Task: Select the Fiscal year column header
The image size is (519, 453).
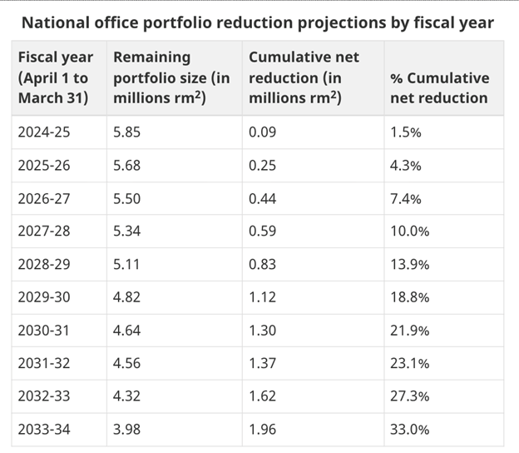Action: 55,77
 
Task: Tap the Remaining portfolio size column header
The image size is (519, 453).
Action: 171,77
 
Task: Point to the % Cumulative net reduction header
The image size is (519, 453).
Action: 439,87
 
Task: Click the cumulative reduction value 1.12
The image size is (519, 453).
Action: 264,297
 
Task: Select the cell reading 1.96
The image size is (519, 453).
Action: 264,429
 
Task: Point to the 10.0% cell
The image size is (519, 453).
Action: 409,231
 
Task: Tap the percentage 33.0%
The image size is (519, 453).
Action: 409,429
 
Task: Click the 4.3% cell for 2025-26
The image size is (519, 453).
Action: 406,166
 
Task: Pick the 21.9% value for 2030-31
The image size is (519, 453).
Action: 409,331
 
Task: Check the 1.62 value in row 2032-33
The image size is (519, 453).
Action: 264,396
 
